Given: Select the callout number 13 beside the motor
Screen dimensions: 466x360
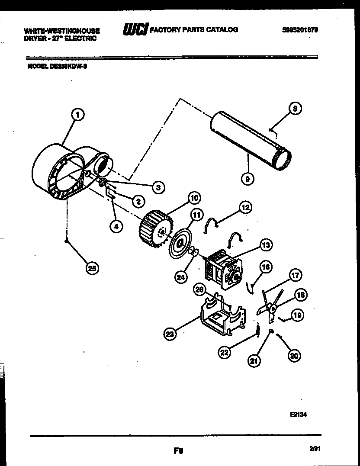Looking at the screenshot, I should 266,245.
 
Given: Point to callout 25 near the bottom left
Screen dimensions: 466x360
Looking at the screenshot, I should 91,268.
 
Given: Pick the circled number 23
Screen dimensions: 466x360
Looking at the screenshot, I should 171,334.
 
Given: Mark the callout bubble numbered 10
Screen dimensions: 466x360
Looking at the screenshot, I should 193,198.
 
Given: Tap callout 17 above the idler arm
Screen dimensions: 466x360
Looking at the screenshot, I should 296,275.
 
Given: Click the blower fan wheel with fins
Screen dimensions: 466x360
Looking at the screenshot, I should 154,228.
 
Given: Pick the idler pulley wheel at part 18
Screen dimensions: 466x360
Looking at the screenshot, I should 273,309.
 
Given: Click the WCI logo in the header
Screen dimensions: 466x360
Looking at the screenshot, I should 135,29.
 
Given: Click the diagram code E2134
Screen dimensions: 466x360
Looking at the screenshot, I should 298,414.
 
